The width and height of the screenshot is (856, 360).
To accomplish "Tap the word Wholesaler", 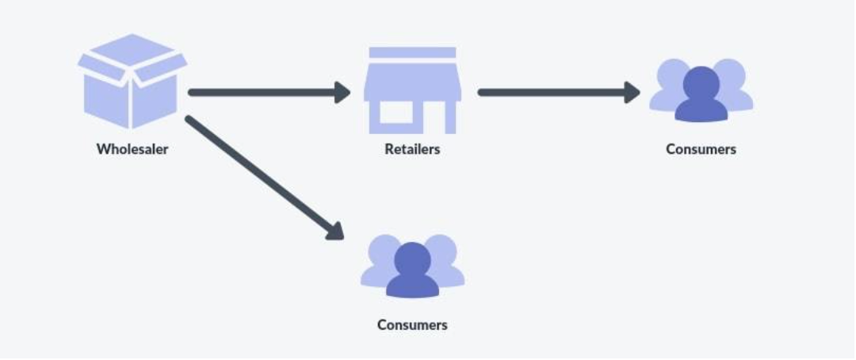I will pyautogui.click(x=132, y=148).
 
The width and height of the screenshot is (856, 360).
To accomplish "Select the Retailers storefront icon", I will pyautogui.click(x=412, y=91).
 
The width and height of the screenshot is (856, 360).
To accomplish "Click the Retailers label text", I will pyautogui.click(x=412, y=148).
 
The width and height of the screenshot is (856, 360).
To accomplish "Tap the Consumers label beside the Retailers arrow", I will pyautogui.click(x=701, y=148).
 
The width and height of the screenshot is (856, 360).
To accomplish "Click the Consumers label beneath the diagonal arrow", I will pyautogui.click(x=412, y=324).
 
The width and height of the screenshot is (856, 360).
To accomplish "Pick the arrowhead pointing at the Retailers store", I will pyautogui.click(x=342, y=92).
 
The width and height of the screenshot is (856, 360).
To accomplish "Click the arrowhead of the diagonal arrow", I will pyautogui.click(x=335, y=230).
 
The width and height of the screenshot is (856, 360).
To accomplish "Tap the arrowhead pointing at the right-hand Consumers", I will pyautogui.click(x=632, y=92).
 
